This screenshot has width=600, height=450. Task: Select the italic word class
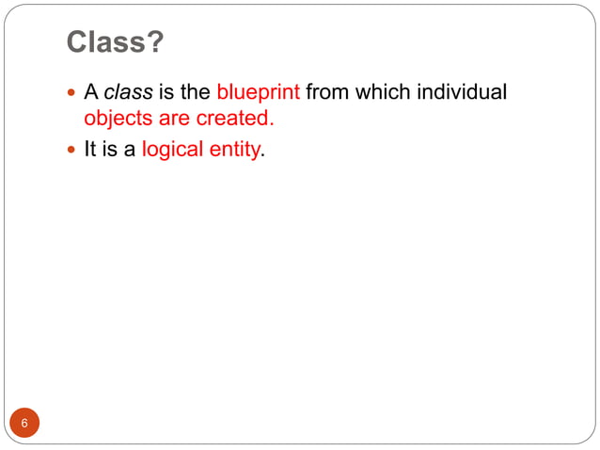[x=128, y=93]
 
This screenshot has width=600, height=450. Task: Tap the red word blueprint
[x=258, y=93]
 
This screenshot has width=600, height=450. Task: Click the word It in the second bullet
[x=91, y=149]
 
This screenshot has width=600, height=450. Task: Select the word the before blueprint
[x=196, y=93]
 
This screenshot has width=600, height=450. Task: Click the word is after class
[x=167, y=93]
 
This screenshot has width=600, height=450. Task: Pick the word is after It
[x=112, y=149]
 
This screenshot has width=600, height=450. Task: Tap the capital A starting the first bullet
[x=91, y=93]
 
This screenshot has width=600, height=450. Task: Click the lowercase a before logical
[x=131, y=149]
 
